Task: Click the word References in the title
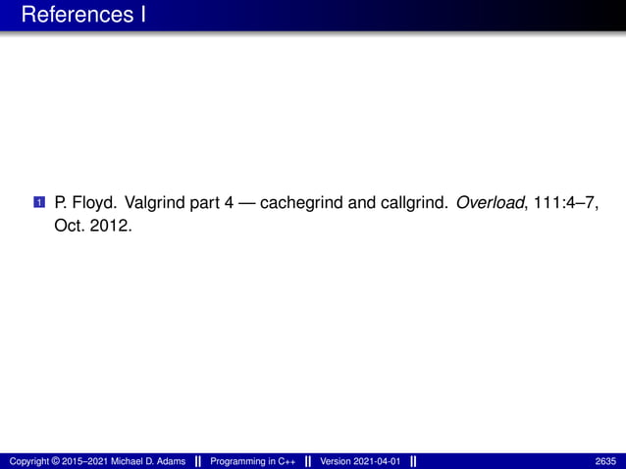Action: (x=75, y=16)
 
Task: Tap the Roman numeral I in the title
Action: (x=142, y=16)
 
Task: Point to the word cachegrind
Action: (x=303, y=203)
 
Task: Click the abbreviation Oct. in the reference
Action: (x=69, y=226)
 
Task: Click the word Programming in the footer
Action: (x=238, y=461)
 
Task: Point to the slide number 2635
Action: (x=606, y=461)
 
